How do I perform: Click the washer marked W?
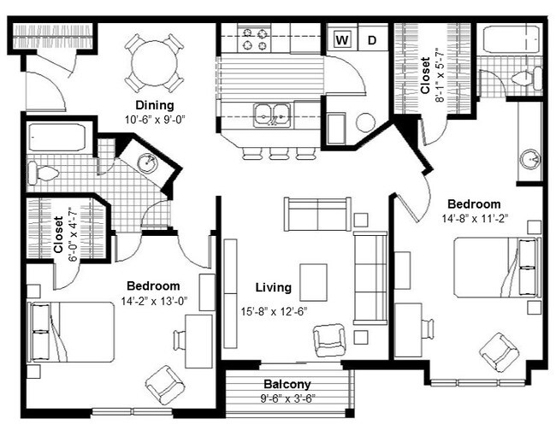point(342,39)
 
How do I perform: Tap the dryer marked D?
point(372,39)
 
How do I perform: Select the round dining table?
point(154,63)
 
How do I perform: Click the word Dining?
point(155,105)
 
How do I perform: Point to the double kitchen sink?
point(272,115)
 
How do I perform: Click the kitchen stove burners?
point(254,39)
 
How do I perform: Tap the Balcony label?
point(287,384)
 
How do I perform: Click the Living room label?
point(274,287)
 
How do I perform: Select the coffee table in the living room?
point(313,282)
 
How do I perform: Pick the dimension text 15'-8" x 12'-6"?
point(274,311)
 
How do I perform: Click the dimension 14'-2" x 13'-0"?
point(154,301)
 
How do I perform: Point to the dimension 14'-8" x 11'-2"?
point(475,218)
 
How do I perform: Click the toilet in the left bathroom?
point(43,174)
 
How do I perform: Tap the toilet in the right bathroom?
point(527,78)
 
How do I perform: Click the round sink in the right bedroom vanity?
point(530,160)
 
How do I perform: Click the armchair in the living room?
point(329,339)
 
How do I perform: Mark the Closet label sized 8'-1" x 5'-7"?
point(425,75)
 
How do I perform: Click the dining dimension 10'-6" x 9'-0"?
point(155,120)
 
